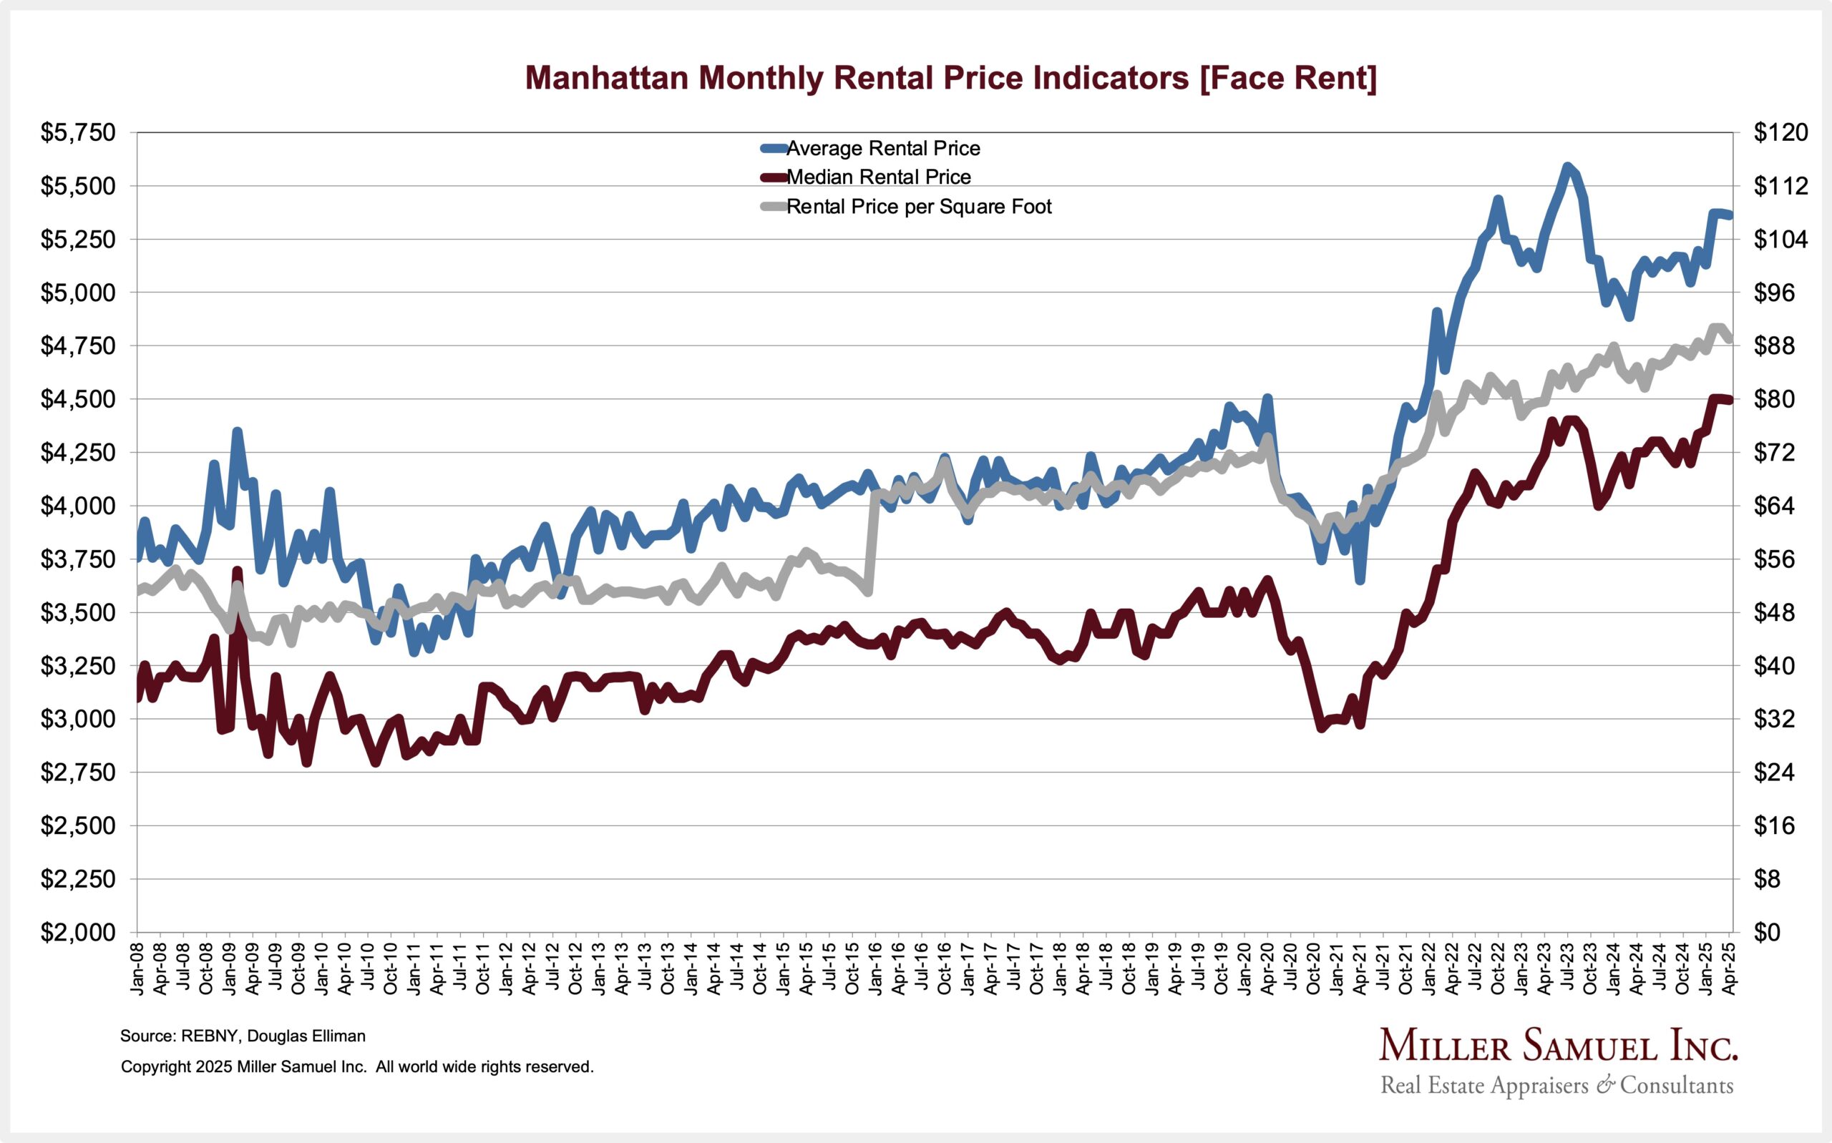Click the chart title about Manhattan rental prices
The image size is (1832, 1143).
coord(950,78)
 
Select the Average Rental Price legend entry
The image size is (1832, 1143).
coord(882,148)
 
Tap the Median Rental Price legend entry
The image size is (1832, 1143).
coord(878,177)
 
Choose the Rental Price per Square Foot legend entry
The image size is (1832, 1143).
coord(918,207)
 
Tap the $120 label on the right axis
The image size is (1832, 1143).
coord(1780,133)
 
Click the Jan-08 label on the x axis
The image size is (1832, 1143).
coord(137,968)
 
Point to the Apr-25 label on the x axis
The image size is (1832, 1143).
coord(1730,968)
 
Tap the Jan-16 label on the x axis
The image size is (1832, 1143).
coord(874,968)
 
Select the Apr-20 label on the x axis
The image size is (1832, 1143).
coord(1267,968)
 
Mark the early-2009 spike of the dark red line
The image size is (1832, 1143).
coord(238,572)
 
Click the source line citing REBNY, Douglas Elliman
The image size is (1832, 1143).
coord(243,1036)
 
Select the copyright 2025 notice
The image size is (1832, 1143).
coord(357,1066)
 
